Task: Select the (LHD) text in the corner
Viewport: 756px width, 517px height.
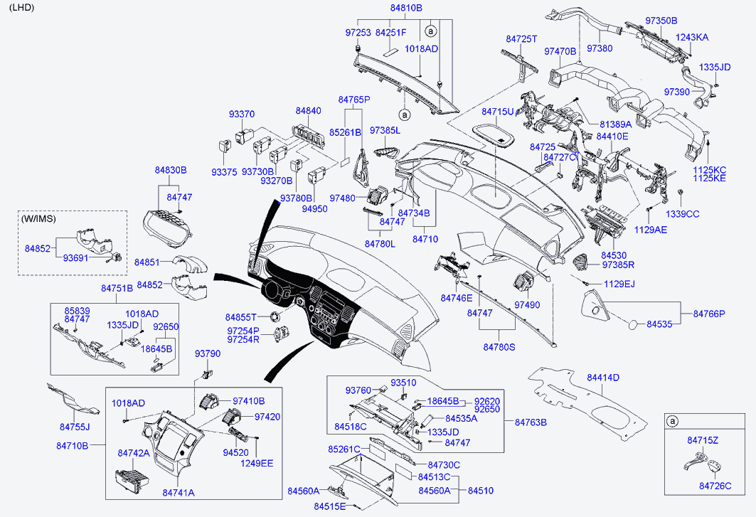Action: (x=21, y=8)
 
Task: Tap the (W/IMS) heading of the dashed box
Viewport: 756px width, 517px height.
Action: (x=38, y=218)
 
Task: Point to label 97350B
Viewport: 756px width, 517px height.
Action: (x=661, y=21)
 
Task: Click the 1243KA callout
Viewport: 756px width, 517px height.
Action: (x=691, y=37)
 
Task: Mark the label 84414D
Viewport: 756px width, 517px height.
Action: (x=603, y=378)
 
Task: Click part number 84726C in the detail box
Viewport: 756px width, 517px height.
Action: (x=715, y=486)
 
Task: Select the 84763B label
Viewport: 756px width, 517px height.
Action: (x=531, y=422)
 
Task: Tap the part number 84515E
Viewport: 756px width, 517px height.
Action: (x=329, y=506)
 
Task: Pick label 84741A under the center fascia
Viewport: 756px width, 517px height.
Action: (x=179, y=492)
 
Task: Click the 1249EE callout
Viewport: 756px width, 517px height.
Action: (x=257, y=462)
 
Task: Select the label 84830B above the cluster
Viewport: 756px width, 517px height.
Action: (x=171, y=171)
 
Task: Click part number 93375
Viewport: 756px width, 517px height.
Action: (x=223, y=172)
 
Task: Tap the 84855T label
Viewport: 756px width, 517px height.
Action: (x=242, y=317)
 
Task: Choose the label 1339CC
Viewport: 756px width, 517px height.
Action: (x=682, y=213)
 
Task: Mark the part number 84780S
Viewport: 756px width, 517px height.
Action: (x=499, y=347)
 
